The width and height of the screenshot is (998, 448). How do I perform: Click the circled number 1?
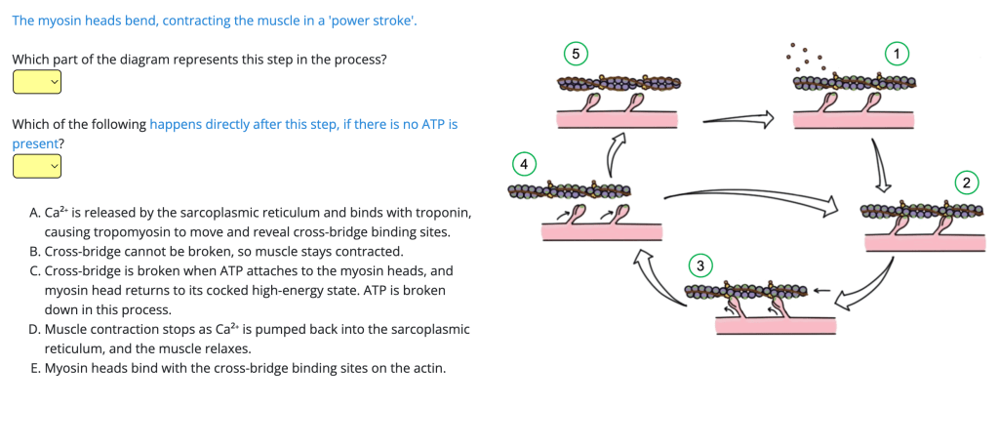tap(897, 53)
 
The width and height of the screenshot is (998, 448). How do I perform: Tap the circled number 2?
tap(967, 183)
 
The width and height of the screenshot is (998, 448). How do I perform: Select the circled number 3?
tap(699, 265)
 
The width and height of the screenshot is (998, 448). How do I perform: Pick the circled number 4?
tap(524, 161)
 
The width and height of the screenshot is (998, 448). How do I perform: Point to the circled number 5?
tap(577, 53)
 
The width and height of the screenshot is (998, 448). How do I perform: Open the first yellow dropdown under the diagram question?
tap(37, 83)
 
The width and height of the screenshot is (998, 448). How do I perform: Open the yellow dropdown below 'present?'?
tap(37, 167)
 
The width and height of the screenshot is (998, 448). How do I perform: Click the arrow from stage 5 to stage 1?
tap(737, 120)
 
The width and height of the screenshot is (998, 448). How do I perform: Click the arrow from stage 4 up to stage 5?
tap(616, 152)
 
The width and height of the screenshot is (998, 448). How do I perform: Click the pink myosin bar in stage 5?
tap(617, 119)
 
